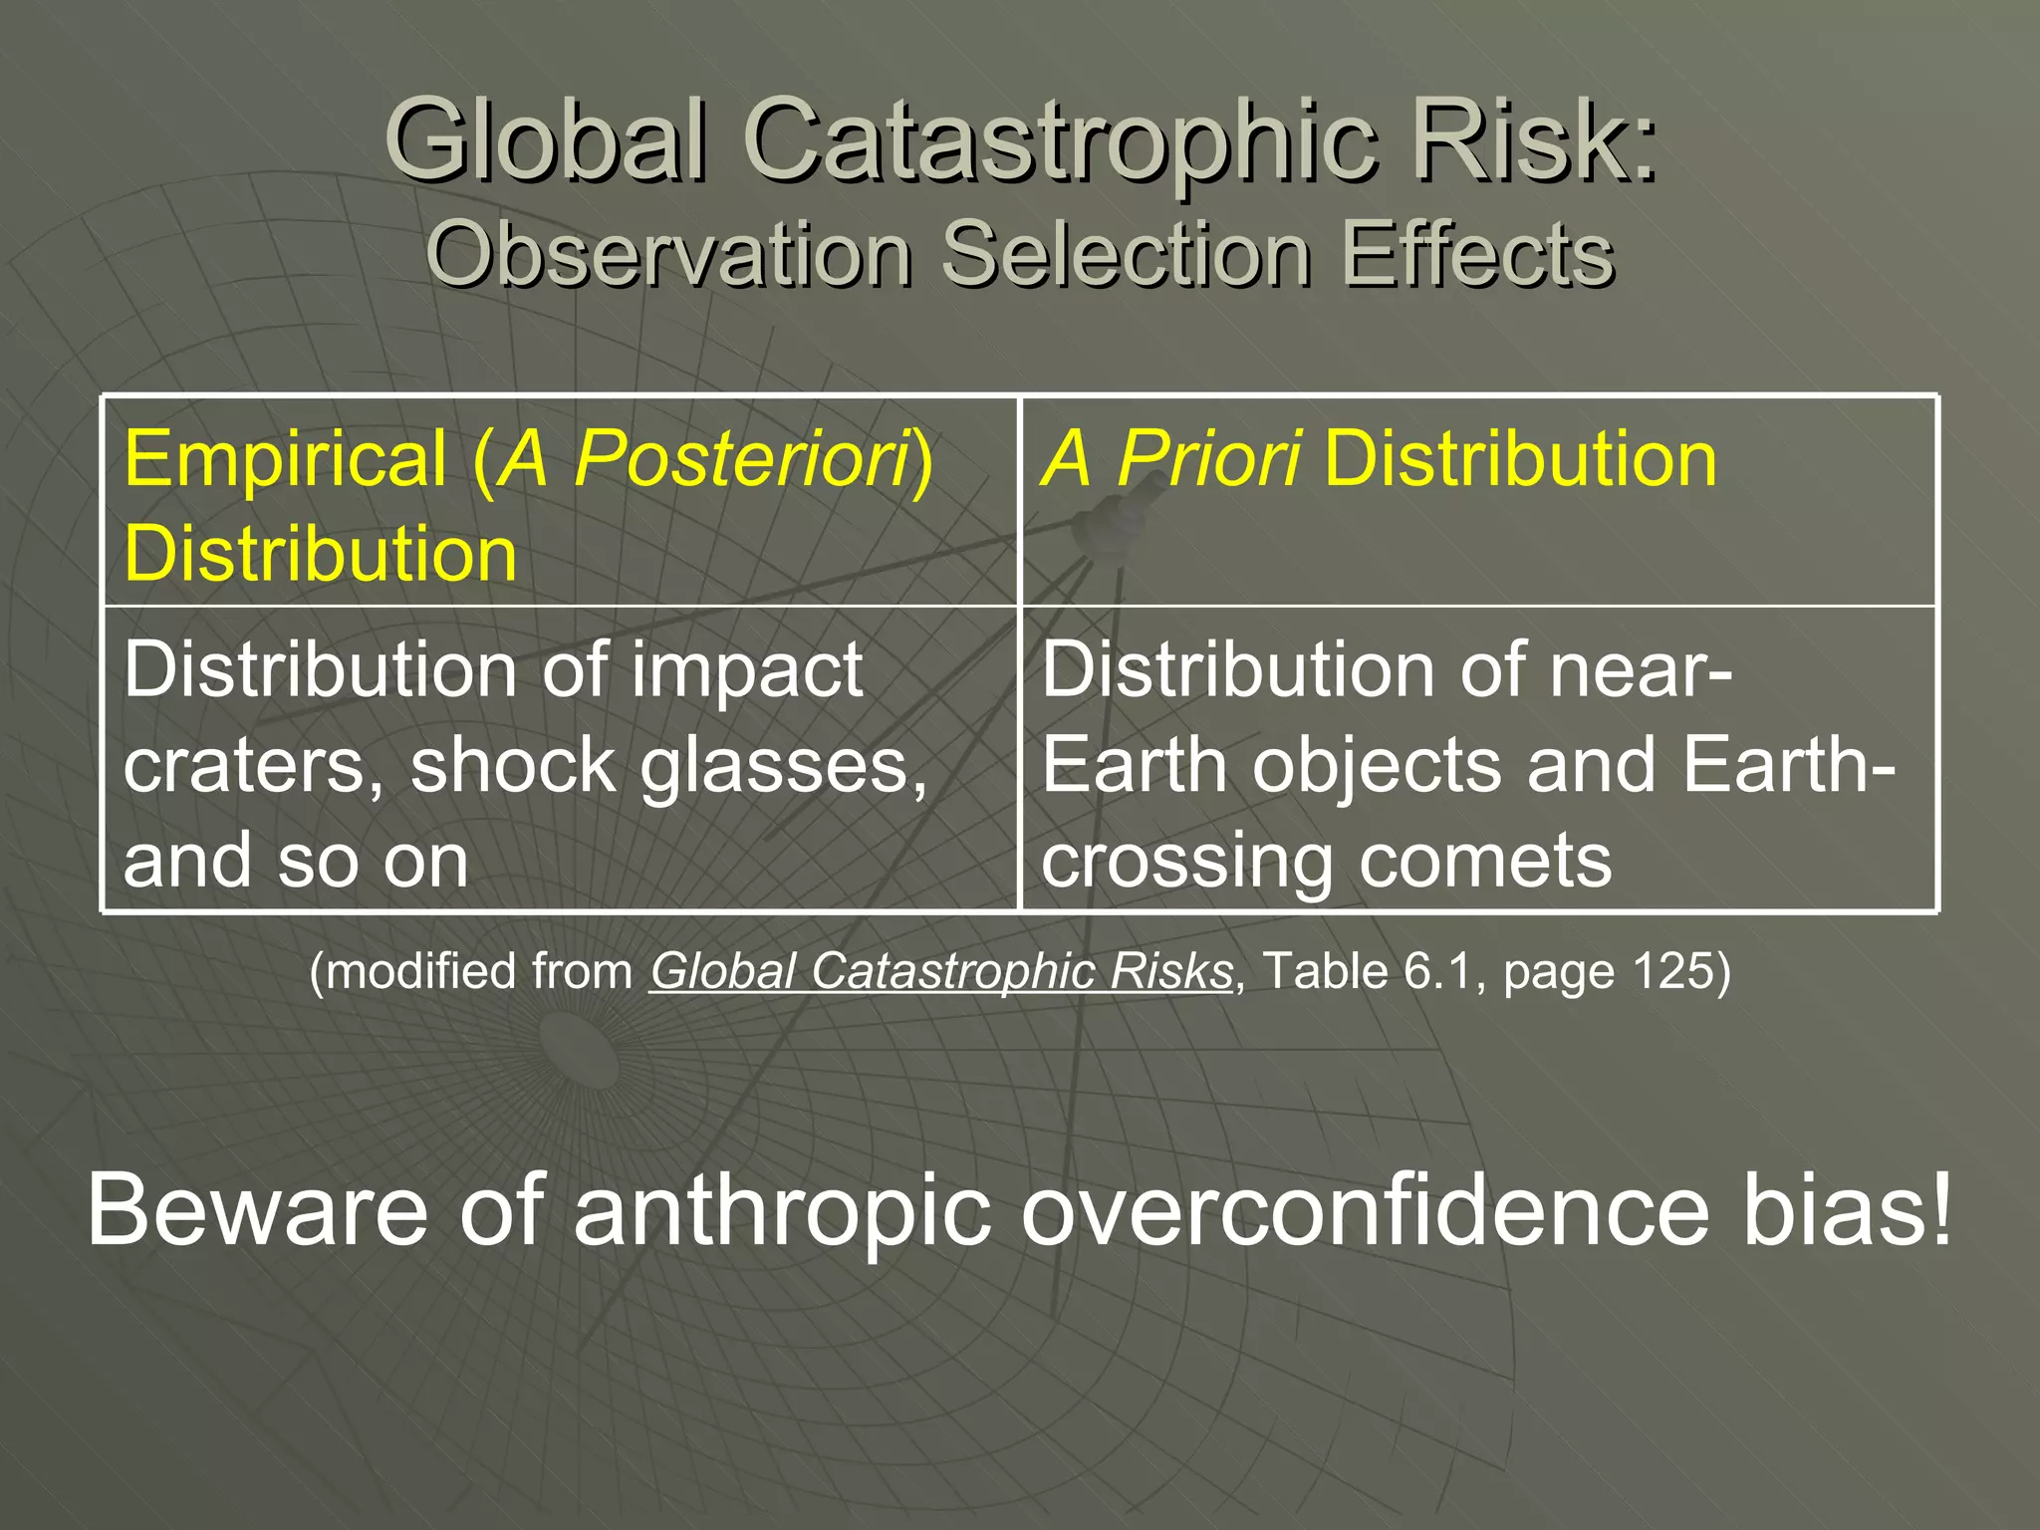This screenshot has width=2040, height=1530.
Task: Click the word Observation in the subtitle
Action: coord(669,255)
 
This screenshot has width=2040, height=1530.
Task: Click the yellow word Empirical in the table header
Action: coord(286,458)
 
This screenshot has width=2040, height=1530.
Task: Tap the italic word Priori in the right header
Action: coord(1207,458)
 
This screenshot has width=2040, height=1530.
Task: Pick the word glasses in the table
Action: coord(783,766)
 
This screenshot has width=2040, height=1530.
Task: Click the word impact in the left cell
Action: coord(747,670)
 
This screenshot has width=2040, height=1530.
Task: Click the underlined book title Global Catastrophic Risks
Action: coord(941,971)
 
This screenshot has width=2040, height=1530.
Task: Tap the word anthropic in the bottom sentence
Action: coord(782,1209)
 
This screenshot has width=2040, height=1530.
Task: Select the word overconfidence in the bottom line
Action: coord(1365,1209)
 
